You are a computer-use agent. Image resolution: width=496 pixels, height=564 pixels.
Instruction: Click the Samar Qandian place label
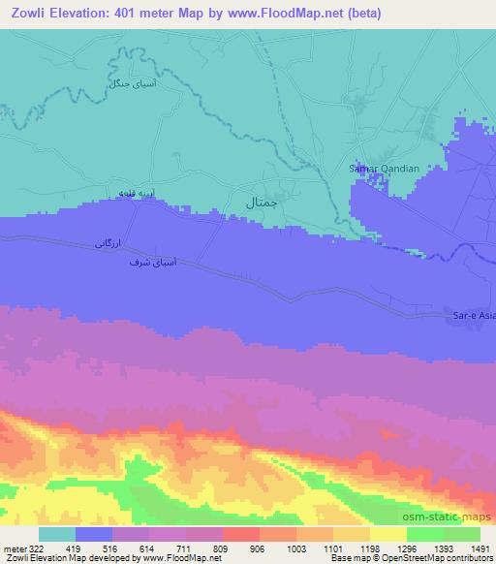[x=385, y=169]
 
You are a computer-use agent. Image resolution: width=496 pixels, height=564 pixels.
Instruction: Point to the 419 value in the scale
[x=75, y=548]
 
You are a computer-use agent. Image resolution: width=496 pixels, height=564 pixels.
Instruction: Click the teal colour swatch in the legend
[x=56, y=534]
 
